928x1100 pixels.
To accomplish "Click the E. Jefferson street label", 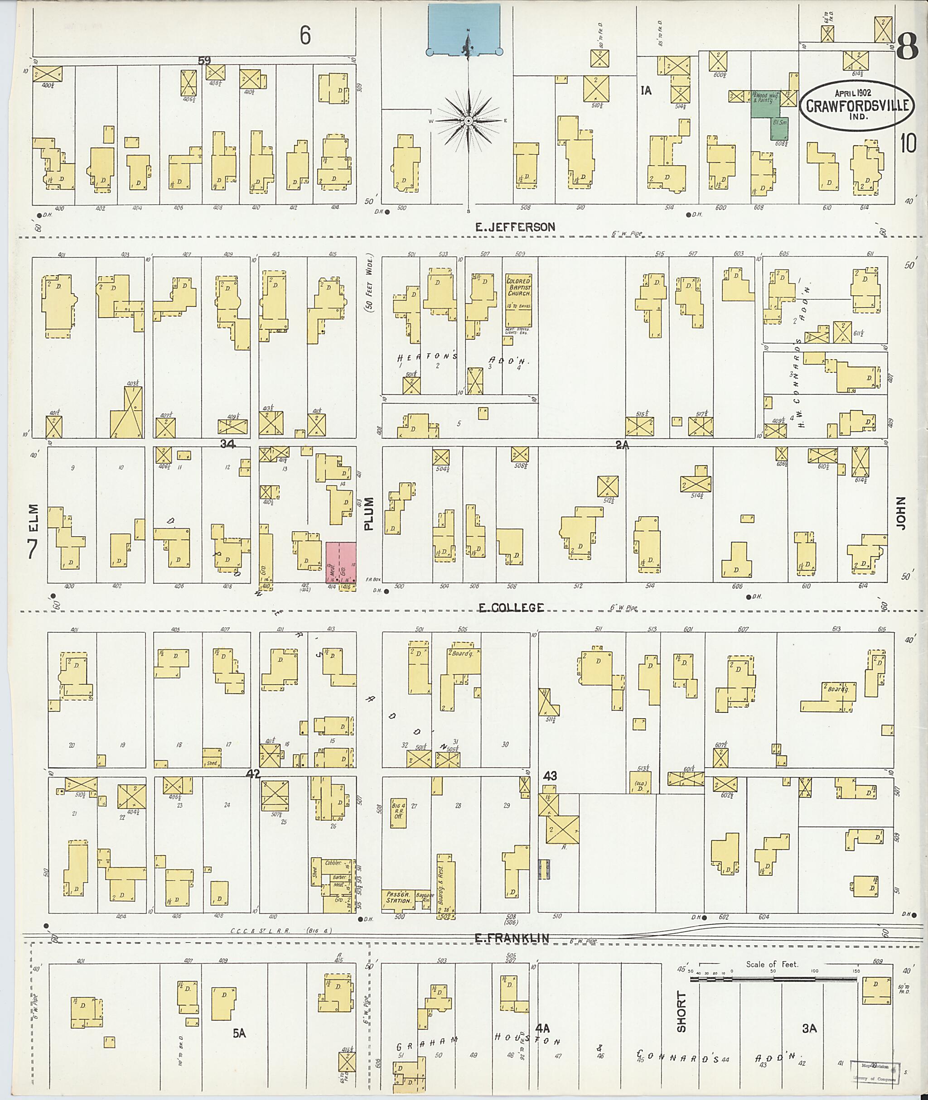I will pos(515,227).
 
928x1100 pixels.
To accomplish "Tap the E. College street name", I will pos(510,608).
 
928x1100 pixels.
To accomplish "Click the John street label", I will pos(902,513).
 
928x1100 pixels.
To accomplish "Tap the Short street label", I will pos(682,1012).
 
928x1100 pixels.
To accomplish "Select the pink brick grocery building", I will pos(341,562).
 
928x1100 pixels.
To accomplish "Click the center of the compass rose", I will pos(468,121).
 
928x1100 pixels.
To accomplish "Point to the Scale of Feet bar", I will pos(773,980).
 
